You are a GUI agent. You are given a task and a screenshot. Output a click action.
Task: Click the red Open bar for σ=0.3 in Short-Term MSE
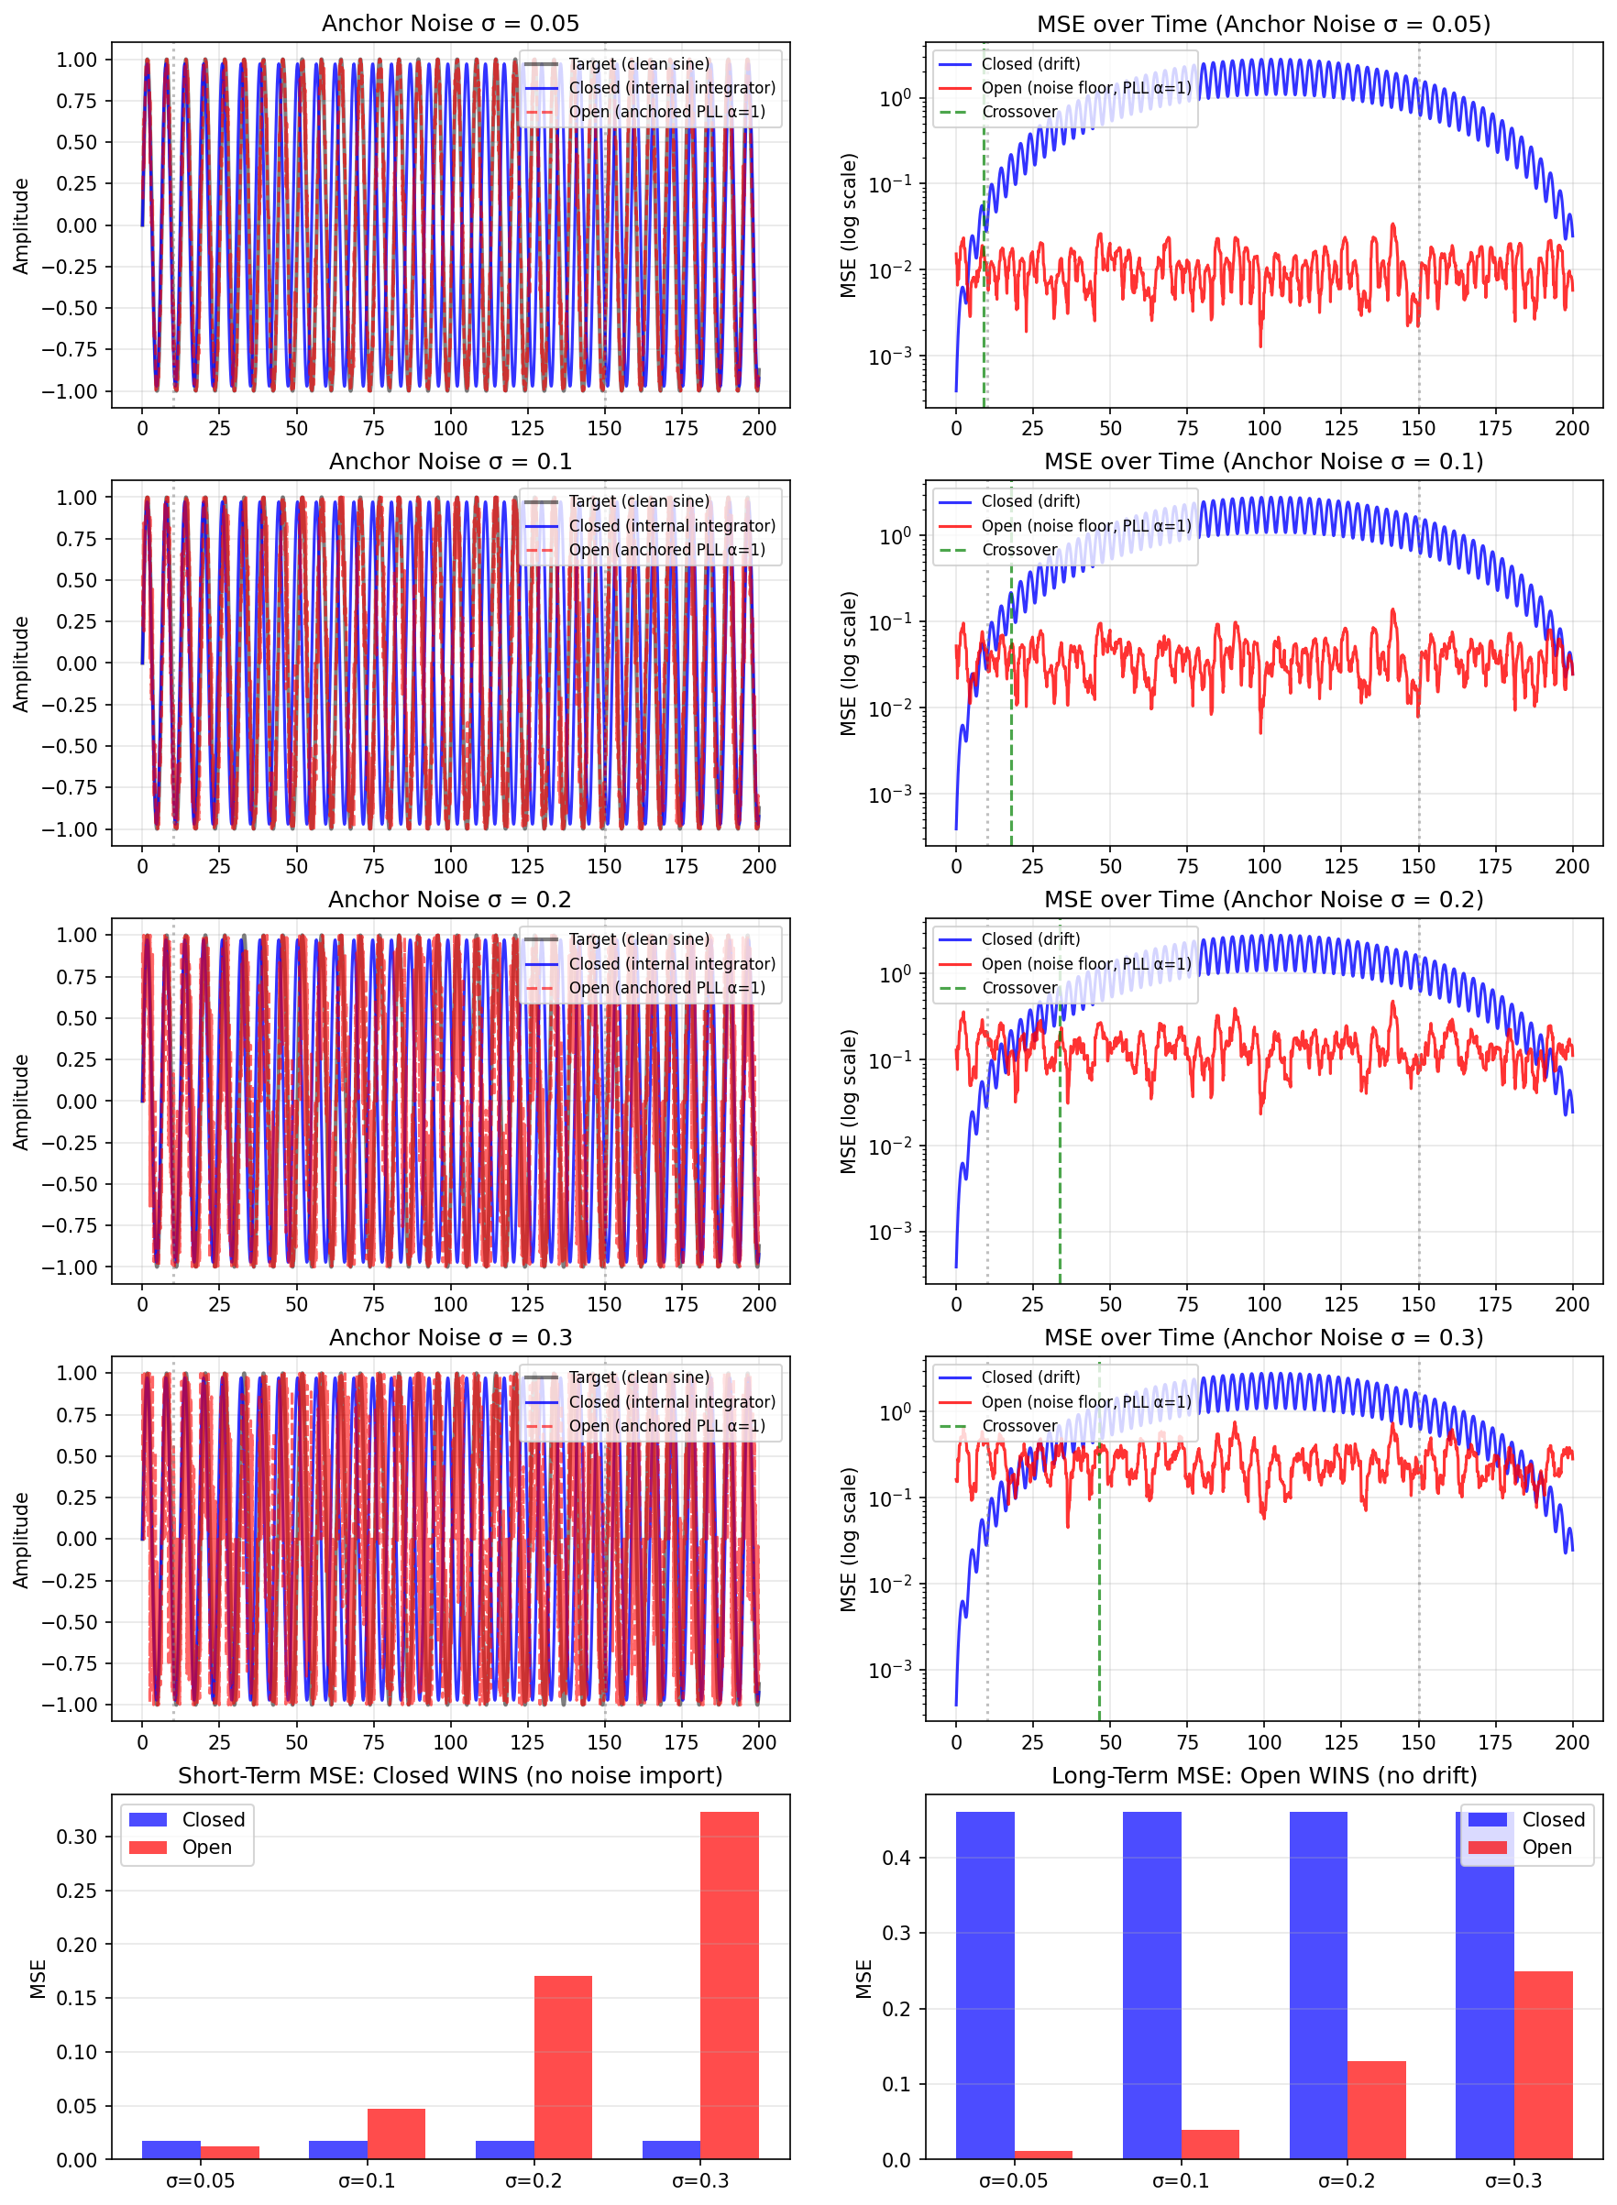(x=730, y=1987)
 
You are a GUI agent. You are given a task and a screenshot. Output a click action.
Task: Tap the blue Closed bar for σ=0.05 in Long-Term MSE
(x=984, y=1987)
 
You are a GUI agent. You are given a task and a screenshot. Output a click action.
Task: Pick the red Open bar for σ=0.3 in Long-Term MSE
(x=1543, y=2065)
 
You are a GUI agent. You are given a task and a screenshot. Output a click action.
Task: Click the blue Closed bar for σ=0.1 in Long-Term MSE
(x=1151, y=1987)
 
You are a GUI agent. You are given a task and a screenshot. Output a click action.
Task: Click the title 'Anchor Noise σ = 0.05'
(x=450, y=24)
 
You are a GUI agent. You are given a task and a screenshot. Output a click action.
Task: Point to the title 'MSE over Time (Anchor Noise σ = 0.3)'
(x=1262, y=1337)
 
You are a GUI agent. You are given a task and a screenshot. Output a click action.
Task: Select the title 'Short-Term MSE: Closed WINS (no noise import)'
(x=450, y=1775)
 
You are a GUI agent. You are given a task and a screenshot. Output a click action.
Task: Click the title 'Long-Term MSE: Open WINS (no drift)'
(x=1262, y=1775)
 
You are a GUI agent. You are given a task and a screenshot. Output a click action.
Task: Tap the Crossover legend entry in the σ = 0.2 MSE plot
(x=1019, y=988)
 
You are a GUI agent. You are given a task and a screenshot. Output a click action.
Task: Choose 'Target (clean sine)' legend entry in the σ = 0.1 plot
(x=638, y=501)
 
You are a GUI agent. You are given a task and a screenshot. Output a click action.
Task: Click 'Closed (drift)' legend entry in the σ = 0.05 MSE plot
(x=1029, y=63)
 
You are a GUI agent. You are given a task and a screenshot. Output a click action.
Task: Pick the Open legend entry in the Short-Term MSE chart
(x=206, y=1848)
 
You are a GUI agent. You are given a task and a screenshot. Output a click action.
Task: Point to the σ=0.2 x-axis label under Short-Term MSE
(x=533, y=2180)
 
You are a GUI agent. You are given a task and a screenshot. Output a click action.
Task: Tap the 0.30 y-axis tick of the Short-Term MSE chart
(x=76, y=1837)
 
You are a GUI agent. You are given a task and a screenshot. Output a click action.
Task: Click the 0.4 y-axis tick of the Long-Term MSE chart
(x=896, y=1858)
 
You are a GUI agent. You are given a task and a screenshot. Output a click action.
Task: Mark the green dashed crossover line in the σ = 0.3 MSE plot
(x=1099, y=1615)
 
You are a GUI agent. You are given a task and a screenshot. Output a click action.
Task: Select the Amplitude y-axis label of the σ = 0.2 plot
(x=21, y=1101)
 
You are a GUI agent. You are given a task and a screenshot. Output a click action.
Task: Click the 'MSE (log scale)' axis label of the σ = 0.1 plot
(x=849, y=664)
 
